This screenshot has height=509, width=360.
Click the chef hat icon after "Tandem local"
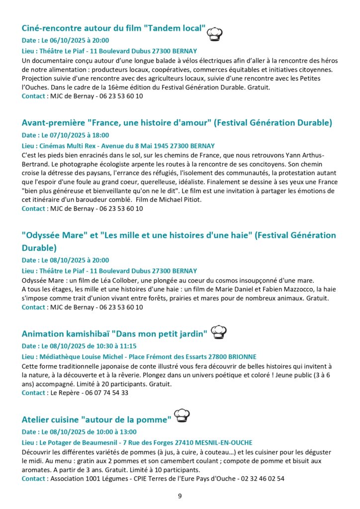[214, 33]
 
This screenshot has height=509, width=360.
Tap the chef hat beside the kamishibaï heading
[219, 332]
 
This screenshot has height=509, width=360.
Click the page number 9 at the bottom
[180, 495]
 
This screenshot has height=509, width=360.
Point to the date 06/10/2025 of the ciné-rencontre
[67, 41]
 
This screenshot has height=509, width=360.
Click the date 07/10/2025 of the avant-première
[67, 135]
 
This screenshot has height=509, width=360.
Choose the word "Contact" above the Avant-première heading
[34, 96]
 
